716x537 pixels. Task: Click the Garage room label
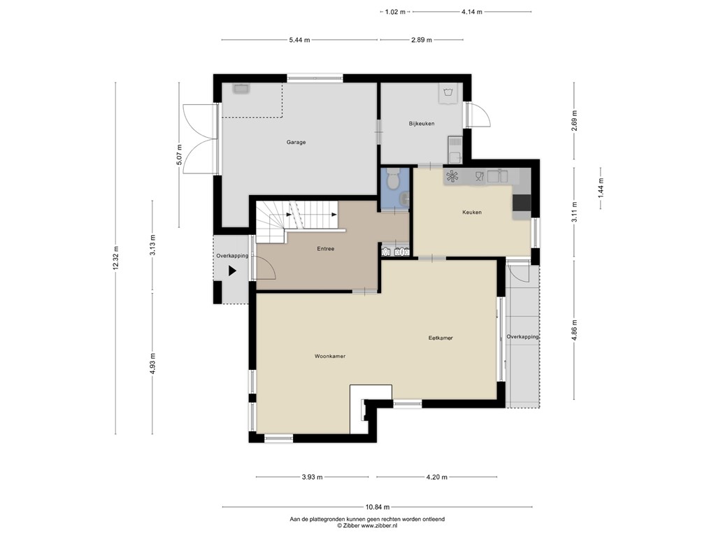coord(296,142)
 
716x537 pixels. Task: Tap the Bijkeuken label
coord(422,124)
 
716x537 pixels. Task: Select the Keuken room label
coord(471,212)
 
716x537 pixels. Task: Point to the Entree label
coord(325,248)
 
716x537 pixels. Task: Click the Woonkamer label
coord(329,356)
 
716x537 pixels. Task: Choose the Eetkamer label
coord(441,338)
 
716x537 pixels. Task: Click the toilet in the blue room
coord(394,180)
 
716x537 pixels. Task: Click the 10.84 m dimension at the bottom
coord(376,507)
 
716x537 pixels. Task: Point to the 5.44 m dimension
coord(299,40)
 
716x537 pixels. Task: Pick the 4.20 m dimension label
coord(436,478)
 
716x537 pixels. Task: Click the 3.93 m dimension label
coord(312,478)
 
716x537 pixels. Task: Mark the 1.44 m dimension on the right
coord(600,189)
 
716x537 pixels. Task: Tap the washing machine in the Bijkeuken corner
coord(448,92)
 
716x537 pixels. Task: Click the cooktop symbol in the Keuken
coord(452,176)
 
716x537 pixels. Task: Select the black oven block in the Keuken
coord(522,202)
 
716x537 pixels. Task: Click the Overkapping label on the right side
coord(522,337)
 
